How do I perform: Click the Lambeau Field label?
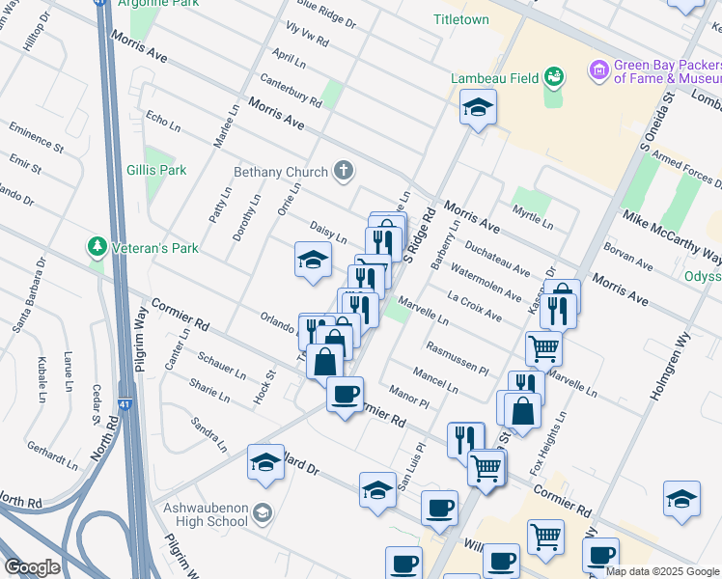[489, 78]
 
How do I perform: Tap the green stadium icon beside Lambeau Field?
[554, 76]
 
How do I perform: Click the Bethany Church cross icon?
[343, 172]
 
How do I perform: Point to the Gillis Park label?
[155, 170]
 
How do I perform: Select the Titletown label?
[461, 19]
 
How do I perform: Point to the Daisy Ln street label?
[328, 232]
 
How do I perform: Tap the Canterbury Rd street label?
[291, 92]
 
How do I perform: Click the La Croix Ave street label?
[474, 303]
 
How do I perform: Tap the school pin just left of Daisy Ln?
[313, 260]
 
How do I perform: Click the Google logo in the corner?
[31, 567]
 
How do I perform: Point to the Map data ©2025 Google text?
[662, 571]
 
